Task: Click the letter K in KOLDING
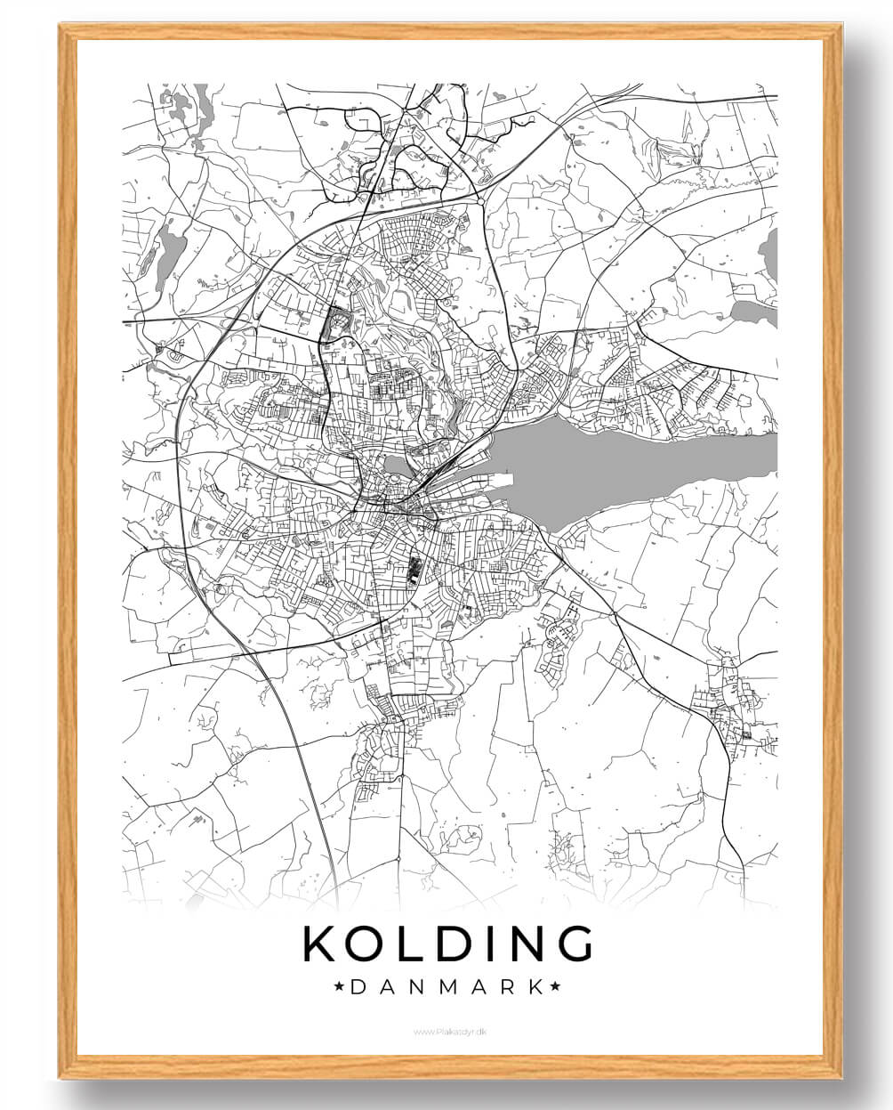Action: click(321, 944)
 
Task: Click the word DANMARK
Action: click(447, 986)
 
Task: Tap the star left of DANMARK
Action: click(339, 986)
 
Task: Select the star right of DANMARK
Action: click(555, 986)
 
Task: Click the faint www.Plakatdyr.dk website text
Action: click(447, 1032)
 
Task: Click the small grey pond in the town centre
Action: click(396, 465)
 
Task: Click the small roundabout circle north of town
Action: click(481, 203)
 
